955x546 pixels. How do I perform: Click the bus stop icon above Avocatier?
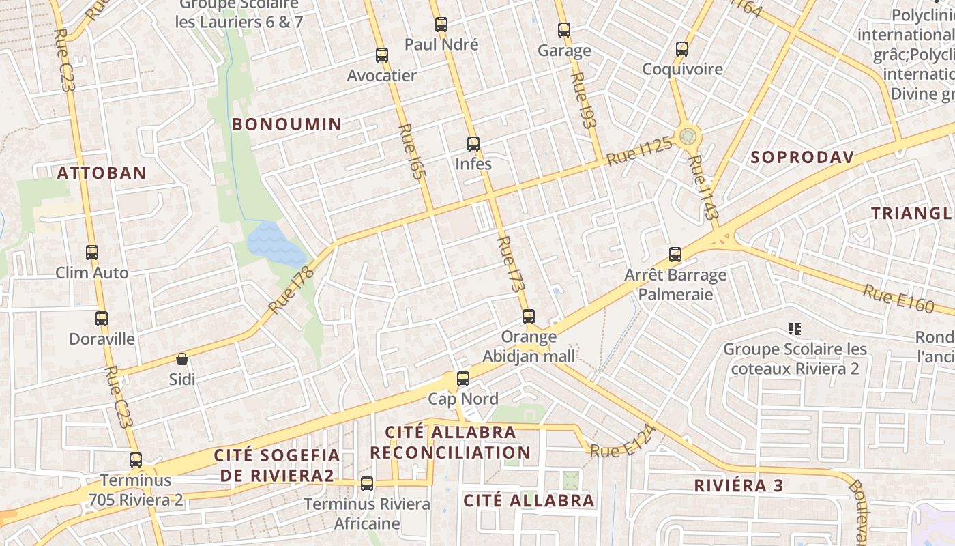tap(382, 55)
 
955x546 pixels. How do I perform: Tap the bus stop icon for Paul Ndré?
tap(441, 25)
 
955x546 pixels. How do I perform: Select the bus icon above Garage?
tap(564, 30)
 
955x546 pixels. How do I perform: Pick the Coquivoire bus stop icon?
tap(682, 49)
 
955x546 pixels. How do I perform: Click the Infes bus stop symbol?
tap(473, 144)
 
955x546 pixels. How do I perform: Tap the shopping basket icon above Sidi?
tap(182, 359)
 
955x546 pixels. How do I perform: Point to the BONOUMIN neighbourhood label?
tap(286, 124)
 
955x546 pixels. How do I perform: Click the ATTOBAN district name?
tap(102, 173)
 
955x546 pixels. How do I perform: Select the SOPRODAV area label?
tap(802, 158)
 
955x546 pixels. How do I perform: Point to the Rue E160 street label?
tap(898, 298)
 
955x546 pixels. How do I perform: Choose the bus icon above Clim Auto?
tap(92, 253)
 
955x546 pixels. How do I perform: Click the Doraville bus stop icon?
tap(102, 319)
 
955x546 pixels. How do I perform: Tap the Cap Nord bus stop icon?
tap(463, 379)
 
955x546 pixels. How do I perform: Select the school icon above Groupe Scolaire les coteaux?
tap(794, 330)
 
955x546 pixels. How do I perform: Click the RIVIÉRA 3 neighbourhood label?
tap(739, 486)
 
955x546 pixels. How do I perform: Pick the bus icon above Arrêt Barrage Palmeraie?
tap(675, 255)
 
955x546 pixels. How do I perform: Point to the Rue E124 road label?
tap(623, 442)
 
